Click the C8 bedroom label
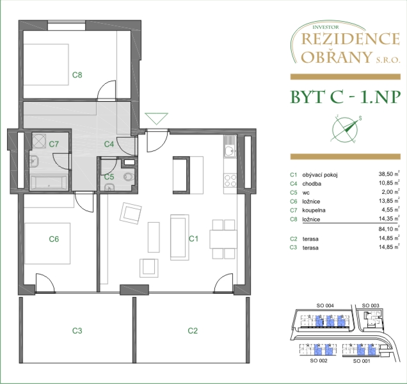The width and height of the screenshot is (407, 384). point(77,75)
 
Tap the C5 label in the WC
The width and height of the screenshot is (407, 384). point(109,177)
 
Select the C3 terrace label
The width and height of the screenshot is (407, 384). point(77,330)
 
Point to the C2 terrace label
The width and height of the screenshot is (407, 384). point(193,330)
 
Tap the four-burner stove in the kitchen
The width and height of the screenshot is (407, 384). point(230,180)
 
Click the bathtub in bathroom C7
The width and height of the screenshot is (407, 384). point(49,182)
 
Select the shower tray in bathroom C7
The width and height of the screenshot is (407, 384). point(39,141)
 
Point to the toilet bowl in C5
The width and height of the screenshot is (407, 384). point(129,177)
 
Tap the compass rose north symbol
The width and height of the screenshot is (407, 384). point(345,129)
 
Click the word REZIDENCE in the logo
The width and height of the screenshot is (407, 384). point(351,39)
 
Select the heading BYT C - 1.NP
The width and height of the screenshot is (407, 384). point(345,97)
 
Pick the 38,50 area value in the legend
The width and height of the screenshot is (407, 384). point(387,174)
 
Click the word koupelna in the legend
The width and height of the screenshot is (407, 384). point(314,210)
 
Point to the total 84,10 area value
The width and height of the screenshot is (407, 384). point(387,228)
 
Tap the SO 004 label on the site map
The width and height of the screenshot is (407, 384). point(325,305)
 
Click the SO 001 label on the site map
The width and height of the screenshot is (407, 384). point(362,361)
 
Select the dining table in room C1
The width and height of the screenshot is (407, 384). point(223,239)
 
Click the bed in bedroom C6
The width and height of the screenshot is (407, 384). point(47,243)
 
